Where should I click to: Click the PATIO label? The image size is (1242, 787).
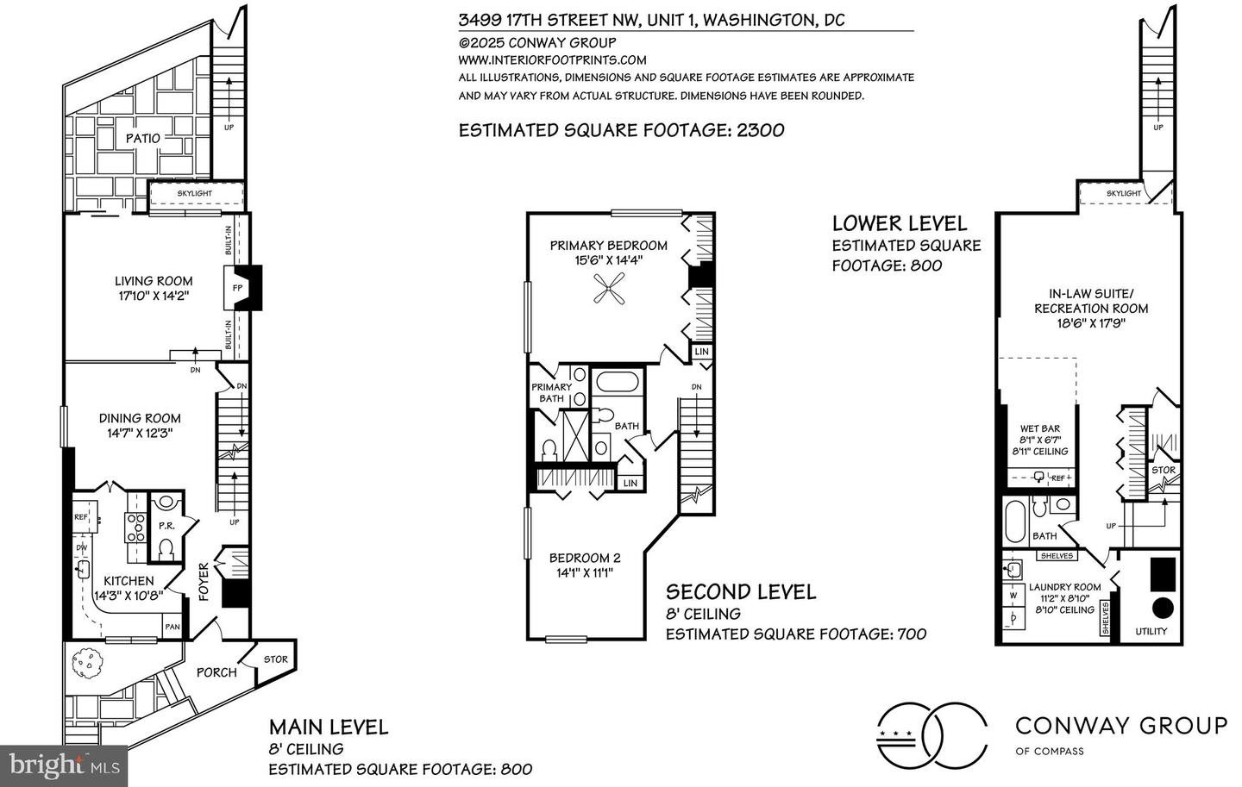(x=142, y=139)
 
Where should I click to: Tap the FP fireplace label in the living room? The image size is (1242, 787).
(x=237, y=288)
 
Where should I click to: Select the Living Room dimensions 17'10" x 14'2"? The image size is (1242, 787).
(x=154, y=296)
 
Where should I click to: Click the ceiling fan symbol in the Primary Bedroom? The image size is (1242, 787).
(x=609, y=288)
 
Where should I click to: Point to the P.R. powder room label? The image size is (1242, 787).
(x=167, y=526)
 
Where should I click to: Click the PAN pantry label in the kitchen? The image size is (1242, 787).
(x=172, y=627)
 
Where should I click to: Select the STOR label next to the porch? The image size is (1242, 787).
(x=276, y=659)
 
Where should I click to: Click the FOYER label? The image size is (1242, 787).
(x=204, y=581)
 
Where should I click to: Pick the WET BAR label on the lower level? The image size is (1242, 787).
(x=1040, y=428)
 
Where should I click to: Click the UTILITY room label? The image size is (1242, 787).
(x=1151, y=631)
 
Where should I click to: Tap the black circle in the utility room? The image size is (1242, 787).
(x=1164, y=608)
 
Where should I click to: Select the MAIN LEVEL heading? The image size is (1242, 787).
(x=329, y=728)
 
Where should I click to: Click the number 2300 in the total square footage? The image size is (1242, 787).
(x=760, y=130)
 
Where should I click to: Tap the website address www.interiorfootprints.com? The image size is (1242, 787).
(x=552, y=59)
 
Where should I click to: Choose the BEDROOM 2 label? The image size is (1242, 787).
(x=585, y=558)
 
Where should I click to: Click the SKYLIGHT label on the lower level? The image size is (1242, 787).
(x=1124, y=193)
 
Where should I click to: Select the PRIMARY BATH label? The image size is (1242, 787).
(x=552, y=392)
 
